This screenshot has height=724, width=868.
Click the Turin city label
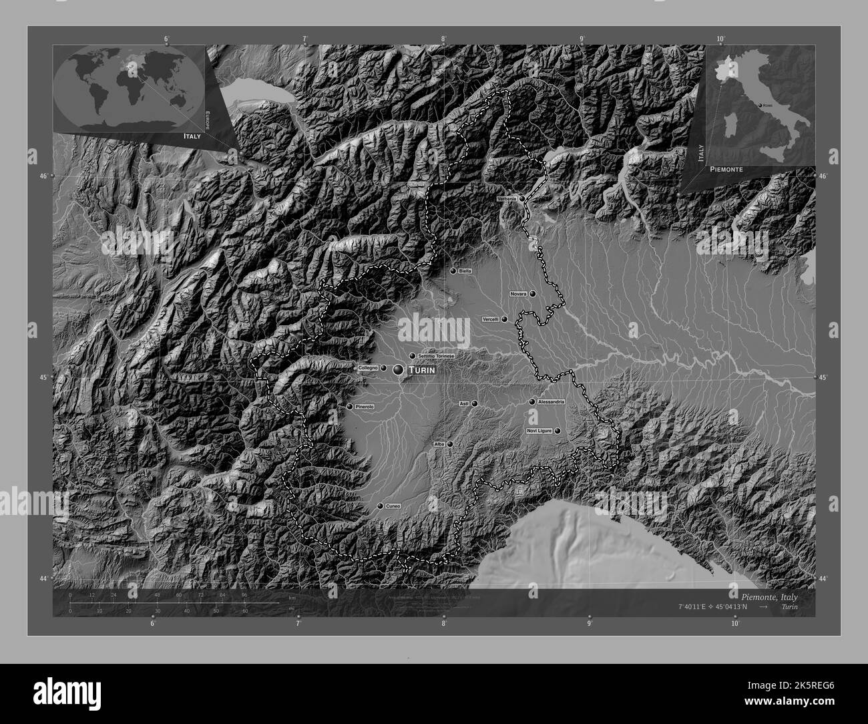point(422,370)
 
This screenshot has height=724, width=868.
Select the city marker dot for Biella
point(453,271)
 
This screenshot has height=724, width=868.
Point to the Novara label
point(519,294)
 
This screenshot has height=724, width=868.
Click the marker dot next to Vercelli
point(505,319)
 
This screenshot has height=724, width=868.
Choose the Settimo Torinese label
point(436,356)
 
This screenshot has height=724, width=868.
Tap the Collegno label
point(368,368)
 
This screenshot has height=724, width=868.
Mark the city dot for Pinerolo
point(349,407)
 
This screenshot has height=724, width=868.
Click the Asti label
point(465,403)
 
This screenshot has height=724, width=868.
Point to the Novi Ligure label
point(539,431)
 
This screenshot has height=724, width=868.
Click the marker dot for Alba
point(450,444)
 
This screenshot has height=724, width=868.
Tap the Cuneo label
point(393,507)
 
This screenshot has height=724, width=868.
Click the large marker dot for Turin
point(399,369)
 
